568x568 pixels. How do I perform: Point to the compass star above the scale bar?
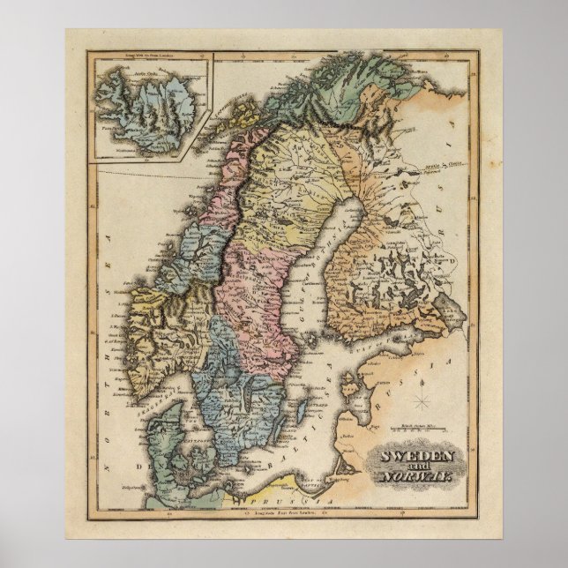422,402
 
